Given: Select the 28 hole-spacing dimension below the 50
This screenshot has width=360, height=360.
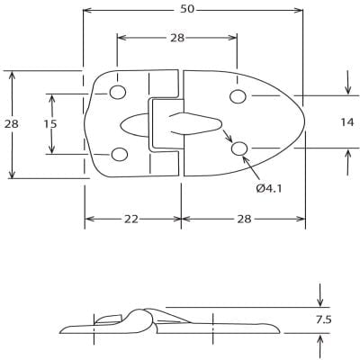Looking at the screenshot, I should [x=176, y=37].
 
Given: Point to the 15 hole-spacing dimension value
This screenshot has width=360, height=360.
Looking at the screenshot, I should [x=50, y=123].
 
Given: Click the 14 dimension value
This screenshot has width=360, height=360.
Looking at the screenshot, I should [x=347, y=121].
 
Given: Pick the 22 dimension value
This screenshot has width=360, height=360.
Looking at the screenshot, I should [x=132, y=219].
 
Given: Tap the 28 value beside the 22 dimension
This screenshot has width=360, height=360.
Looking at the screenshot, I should [x=244, y=219].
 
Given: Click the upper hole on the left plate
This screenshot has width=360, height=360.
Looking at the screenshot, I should [x=117, y=93].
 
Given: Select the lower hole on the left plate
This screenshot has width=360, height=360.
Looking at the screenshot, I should [x=117, y=153].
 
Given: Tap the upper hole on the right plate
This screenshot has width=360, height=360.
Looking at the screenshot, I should [x=238, y=96].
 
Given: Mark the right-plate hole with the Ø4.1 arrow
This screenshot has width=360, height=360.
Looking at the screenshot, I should [x=239, y=148].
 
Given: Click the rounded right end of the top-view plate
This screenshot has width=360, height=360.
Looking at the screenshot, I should [x=304, y=122].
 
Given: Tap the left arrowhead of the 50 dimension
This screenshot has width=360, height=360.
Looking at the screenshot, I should [x=86, y=11].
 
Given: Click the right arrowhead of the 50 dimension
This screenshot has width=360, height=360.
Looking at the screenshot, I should [x=301, y=11].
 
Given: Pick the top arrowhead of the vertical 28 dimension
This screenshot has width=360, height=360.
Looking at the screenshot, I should [x=12, y=75].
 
